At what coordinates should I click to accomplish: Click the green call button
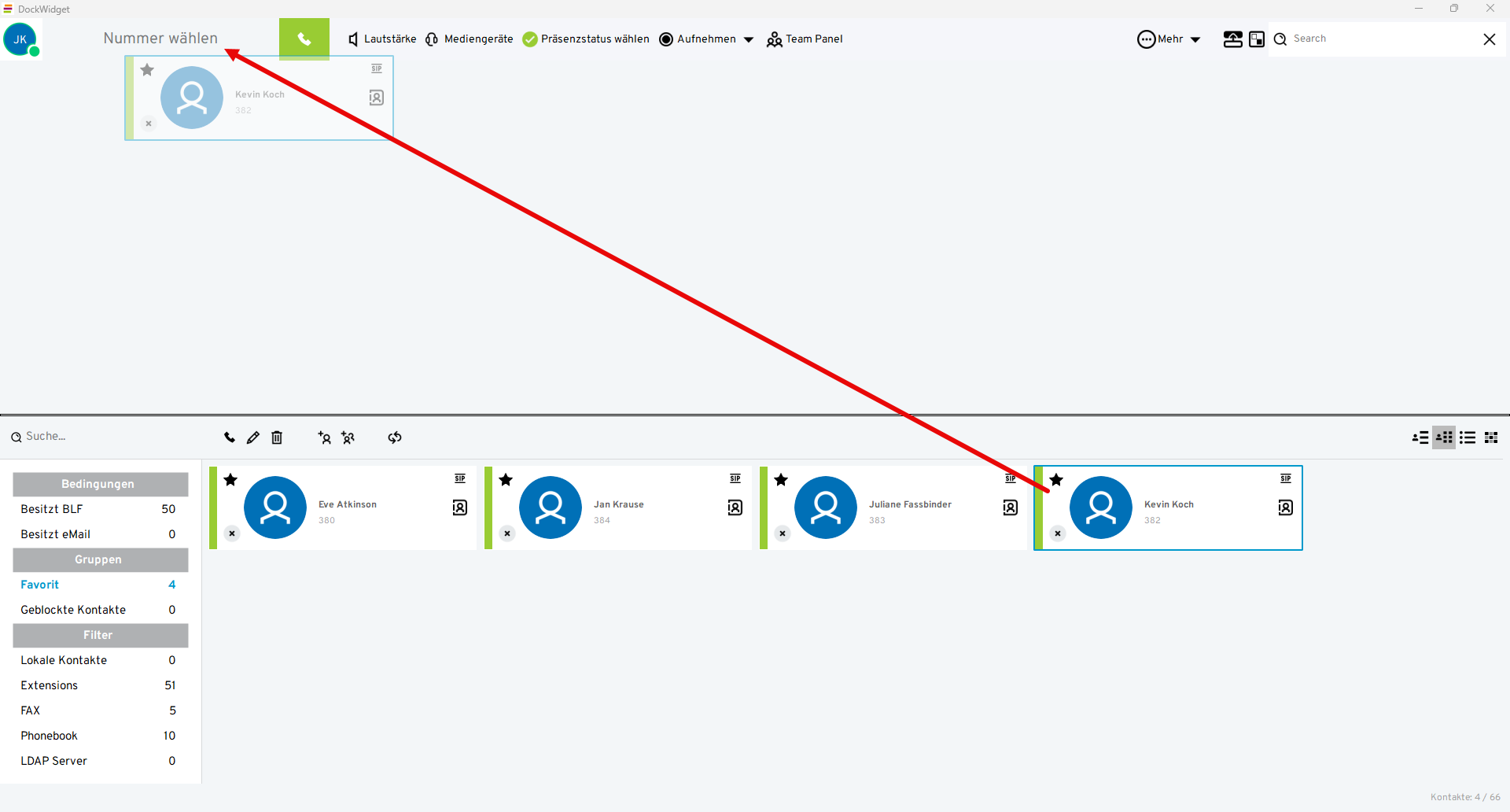click(x=304, y=39)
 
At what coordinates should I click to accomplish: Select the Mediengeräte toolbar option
click(x=470, y=39)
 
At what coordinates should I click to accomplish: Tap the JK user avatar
click(x=20, y=39)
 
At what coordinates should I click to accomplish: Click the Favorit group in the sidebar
click(x=40, y=585)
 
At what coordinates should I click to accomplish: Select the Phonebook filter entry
click(x=50, y=736)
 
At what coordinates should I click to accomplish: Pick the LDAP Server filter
click(x=54, y=761)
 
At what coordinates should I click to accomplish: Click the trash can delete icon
click(x=277, y=437)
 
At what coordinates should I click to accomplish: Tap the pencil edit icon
click(x=253, y=437)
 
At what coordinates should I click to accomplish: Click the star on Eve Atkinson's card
click(x=230, y=480)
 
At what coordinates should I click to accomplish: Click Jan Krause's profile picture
click(x=551, y=507)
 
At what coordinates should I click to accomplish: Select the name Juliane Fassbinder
click(x=910, y=504)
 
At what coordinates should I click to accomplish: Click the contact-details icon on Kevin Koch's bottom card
click(x=1285, y=507)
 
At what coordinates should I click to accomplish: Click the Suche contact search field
click(x=94, y=437)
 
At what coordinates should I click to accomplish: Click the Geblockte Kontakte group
click(x=73, y=610)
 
